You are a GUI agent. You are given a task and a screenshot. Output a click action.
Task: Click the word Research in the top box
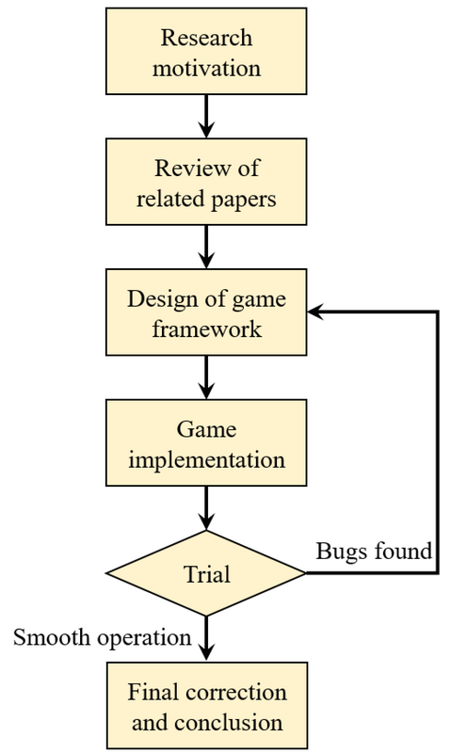206,38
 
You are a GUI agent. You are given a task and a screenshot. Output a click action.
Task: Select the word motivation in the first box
206,68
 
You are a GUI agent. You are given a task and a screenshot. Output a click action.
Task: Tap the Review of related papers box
206,182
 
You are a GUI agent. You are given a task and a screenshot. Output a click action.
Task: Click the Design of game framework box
206,312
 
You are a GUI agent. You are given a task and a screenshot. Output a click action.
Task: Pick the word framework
207,329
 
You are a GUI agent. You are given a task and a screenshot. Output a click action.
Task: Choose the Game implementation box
206,442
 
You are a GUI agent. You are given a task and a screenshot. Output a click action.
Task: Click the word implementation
206,460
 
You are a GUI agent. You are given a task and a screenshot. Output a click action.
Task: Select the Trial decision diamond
206,573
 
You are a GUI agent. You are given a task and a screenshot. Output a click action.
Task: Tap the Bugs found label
374,551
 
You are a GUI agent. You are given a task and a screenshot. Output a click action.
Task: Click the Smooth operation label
103,638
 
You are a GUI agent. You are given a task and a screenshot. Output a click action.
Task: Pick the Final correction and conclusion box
206,705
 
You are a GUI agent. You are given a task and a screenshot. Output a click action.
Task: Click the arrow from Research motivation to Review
206,116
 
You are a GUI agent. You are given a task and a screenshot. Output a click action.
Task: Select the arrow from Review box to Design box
206,247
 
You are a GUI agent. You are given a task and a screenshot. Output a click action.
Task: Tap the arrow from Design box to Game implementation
206,377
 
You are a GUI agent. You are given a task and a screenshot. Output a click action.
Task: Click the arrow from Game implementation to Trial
206,508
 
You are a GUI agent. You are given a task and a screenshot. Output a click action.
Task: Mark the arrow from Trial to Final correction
206,639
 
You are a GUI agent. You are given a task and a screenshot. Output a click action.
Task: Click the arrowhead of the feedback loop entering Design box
315,312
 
